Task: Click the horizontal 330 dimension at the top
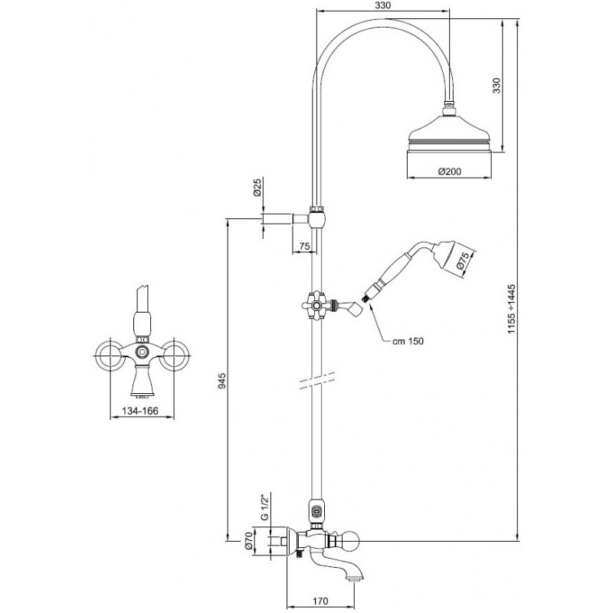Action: point(382,5)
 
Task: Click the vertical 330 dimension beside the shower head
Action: point(496,86)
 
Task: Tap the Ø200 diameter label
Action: point(449,171)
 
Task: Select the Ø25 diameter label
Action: point(257,188)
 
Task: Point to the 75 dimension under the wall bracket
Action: point(304,246)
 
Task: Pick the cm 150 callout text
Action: point(408,341)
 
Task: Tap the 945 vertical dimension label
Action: point(222,380)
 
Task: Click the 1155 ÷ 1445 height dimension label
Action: point(512,309)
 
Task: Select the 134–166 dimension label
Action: point(140,411)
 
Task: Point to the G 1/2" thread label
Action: point(265,507)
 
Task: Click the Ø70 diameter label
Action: point(247,541)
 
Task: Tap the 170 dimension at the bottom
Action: point(320,601)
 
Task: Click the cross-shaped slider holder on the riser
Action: point(316,305)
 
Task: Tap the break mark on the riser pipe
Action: point(317,379)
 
